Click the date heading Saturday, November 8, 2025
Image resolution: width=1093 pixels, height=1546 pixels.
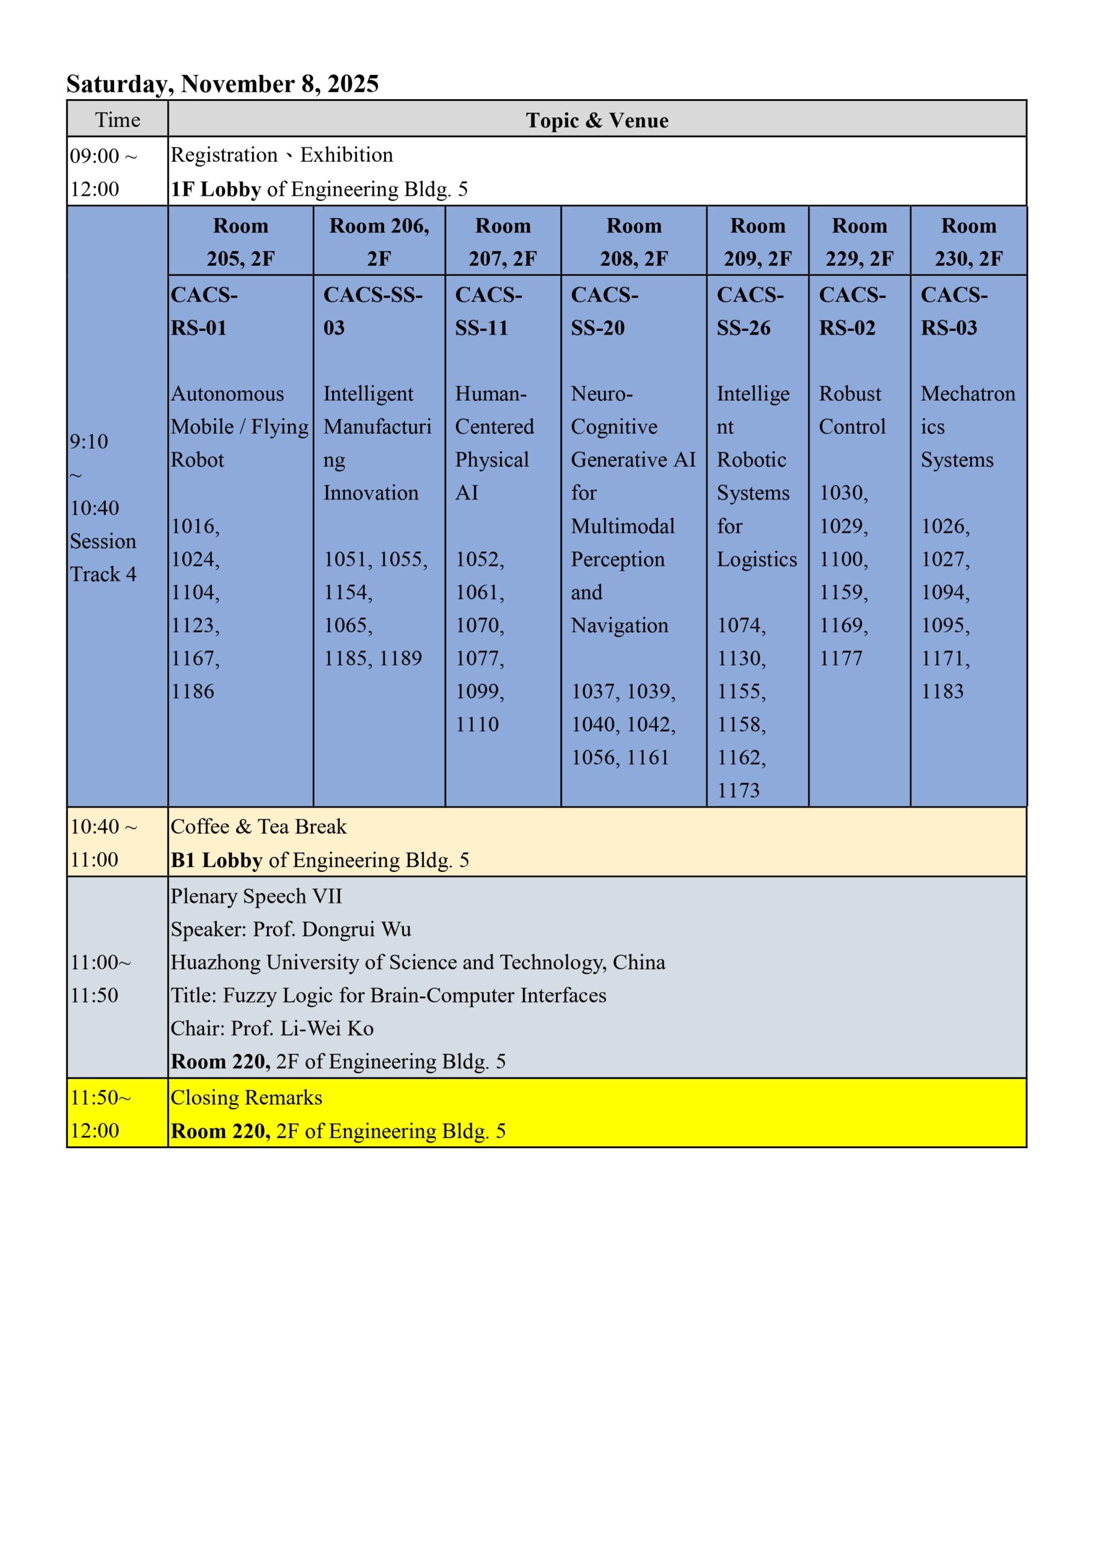click(222, 84)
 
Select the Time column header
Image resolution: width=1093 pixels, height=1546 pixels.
click(118, 120)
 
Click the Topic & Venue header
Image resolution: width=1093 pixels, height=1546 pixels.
click(597, 121)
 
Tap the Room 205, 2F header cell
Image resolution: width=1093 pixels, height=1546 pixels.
click(240, 242)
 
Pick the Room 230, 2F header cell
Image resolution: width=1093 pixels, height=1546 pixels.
click(969, 242)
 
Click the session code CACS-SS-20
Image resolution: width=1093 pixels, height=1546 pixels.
click(604, 311)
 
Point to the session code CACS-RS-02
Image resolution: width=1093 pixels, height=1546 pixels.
click(852, 311)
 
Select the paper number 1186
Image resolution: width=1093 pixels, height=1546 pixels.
click(193, 691)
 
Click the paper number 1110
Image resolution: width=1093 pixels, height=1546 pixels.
click(477, 725)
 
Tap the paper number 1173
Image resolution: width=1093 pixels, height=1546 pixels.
click(738, 791)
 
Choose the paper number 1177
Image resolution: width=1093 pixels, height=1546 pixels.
click(841, 658)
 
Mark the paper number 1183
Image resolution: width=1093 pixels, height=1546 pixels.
click(942, 691)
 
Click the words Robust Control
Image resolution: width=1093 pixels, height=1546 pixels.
click(851, 410)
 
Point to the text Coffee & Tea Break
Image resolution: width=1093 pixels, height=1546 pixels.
click(258, 827)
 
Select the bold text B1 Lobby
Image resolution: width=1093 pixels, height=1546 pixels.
click(216, 861)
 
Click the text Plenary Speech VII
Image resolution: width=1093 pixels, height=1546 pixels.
click(257, 897)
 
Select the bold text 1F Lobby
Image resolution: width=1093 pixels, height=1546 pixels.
click(216, 190)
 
